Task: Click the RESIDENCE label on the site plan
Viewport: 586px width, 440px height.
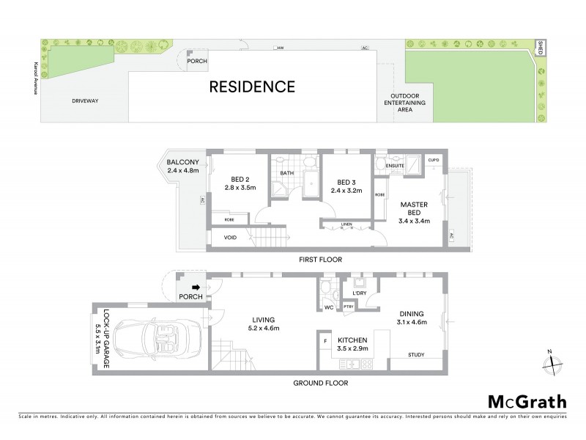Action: click(252, 87)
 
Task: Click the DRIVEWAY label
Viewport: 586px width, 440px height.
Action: click(86, 100)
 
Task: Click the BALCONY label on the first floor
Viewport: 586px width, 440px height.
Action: click(181, 162)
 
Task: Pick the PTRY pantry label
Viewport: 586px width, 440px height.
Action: click(358, 307)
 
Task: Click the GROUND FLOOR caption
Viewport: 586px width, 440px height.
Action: click(320, 383)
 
